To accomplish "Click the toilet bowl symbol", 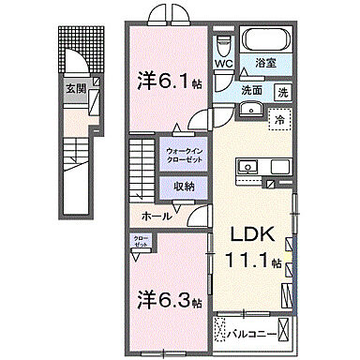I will tap(224, 45).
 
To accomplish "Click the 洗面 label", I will tap(251, 92).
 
